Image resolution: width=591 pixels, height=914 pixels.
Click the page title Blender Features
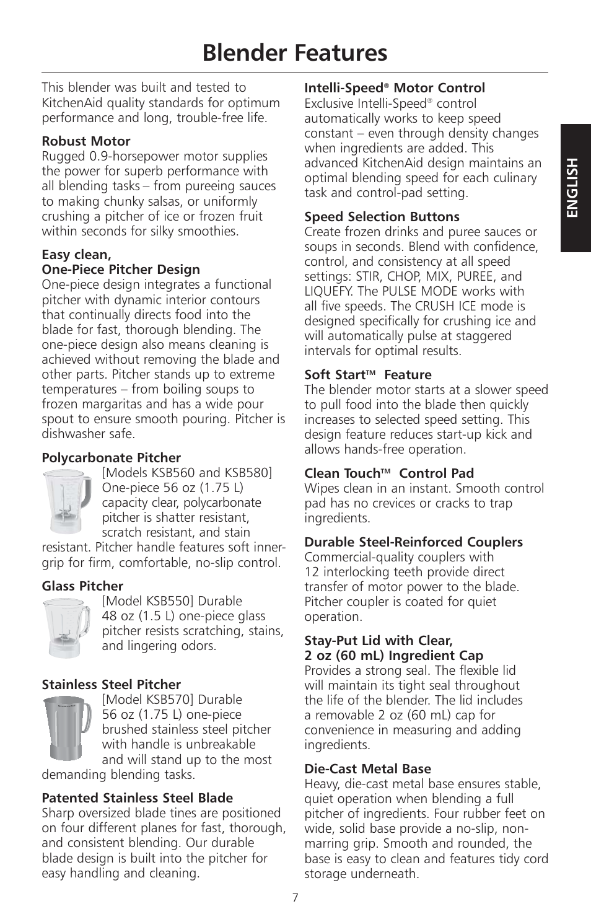[x=295, y=53]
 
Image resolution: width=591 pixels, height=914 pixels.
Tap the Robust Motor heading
[x=86, y=141]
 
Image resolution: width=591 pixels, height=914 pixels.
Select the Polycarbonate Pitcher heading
[x=112, y=458]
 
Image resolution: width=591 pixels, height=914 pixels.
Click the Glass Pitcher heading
[x=82, y=586]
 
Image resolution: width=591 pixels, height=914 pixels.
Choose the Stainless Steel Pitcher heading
[x=112, y=685]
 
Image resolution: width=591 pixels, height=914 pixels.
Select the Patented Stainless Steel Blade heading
[x=138, y=798]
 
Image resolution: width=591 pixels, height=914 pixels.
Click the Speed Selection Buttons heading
[x=382, y=217]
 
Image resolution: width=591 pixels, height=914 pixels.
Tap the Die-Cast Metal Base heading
[x=367, y=769]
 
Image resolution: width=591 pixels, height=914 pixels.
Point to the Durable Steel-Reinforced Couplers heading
[x=413, y=542]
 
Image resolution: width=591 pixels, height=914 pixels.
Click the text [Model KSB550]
[x=141, y=601]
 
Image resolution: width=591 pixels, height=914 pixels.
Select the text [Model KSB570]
[x=141, y=700]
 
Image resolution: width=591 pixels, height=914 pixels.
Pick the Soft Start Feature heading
[x=367, y=375]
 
